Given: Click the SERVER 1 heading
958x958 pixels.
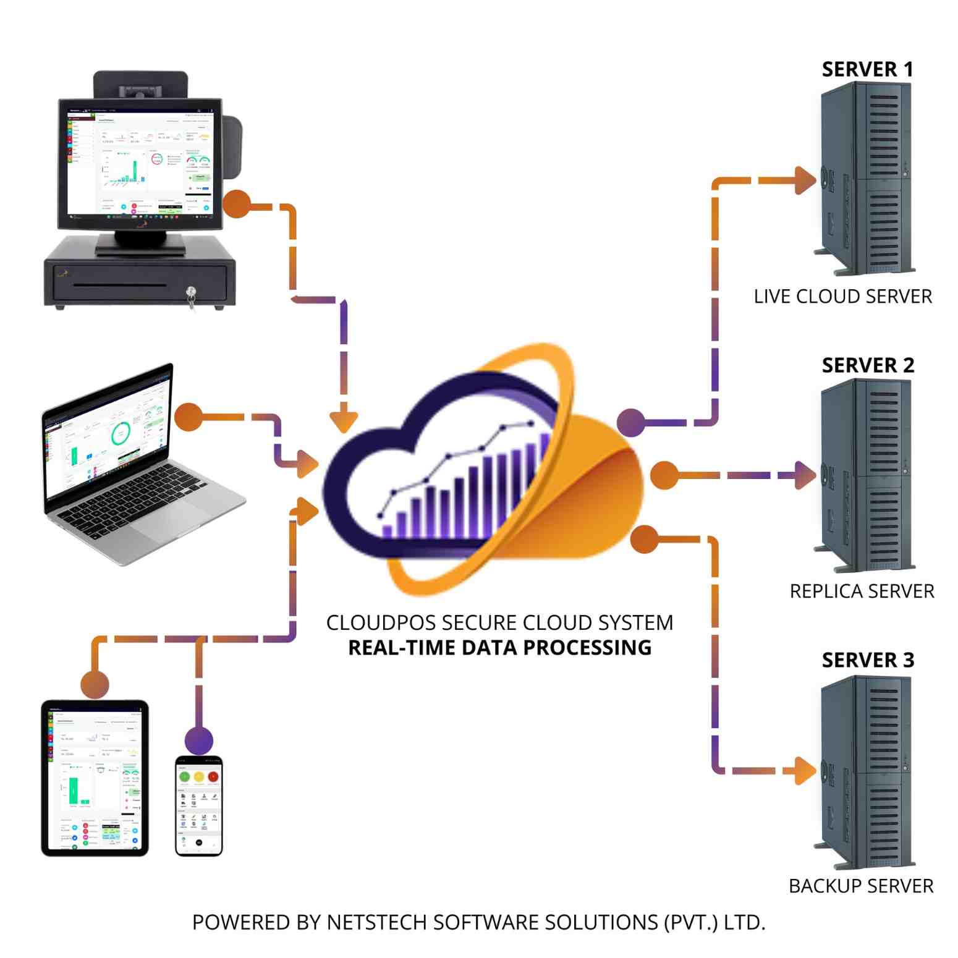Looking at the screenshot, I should tap(867, 69).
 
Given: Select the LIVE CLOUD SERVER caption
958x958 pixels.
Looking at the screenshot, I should tap(842, 297).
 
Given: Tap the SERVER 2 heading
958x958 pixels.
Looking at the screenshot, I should tap(867, 365).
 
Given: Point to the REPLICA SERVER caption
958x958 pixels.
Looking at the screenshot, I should tap(862, 591).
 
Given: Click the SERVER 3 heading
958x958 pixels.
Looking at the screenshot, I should tap(867, 660).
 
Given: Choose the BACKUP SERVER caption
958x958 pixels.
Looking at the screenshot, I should tap(861, 886).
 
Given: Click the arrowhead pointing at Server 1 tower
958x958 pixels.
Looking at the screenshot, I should tap(805, 180).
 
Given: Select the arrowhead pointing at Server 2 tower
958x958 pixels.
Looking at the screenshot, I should tap(805, 475).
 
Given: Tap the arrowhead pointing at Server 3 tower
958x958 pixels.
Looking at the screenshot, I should tap(805, 771).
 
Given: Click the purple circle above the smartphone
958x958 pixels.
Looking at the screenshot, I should tap(199, 740).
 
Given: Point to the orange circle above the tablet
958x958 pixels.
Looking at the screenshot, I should tap(95, 684).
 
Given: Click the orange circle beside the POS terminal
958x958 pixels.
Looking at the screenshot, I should tap(236, 204).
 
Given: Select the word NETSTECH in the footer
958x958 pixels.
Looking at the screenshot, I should tap(376, 922).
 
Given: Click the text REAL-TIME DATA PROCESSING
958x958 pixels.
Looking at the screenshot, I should tap(499, 648).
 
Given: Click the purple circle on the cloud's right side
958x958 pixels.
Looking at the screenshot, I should tap(631, 423).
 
